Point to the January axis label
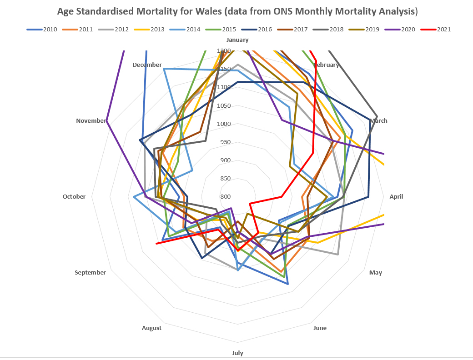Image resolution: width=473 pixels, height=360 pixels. coord(237,40)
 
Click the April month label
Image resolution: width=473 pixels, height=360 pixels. coord(396,197)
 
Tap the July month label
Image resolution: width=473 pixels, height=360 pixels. coord(237,353)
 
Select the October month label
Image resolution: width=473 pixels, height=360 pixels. coord(74,197)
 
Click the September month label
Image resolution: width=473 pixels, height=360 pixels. coord(91,272)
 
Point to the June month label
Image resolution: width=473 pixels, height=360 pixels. coord(320,328)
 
